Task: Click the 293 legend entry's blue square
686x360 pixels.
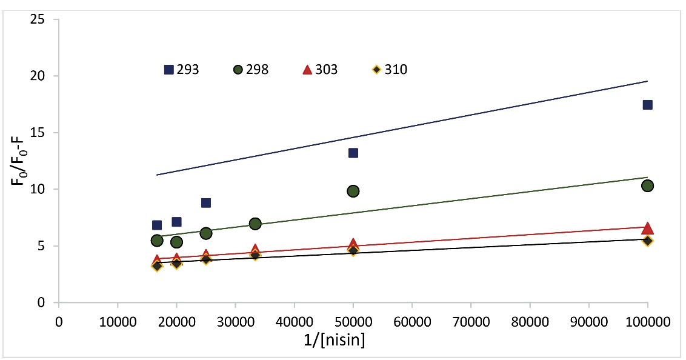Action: point(169,70)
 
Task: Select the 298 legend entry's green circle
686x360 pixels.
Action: point(238,70)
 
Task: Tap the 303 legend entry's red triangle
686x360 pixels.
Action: point(307,70)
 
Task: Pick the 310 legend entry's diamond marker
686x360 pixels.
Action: point(376,70)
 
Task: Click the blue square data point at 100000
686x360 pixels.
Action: point(647,105)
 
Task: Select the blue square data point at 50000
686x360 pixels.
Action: point(353,153)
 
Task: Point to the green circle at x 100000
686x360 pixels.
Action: point(647,185)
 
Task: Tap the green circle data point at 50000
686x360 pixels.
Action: point(353,191)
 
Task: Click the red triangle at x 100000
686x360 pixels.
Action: point(647,228)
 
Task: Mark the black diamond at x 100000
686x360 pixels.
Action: point(647,241)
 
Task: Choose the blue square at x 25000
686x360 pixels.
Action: point(206,202)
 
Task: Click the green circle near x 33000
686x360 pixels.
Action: point(255,224)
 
